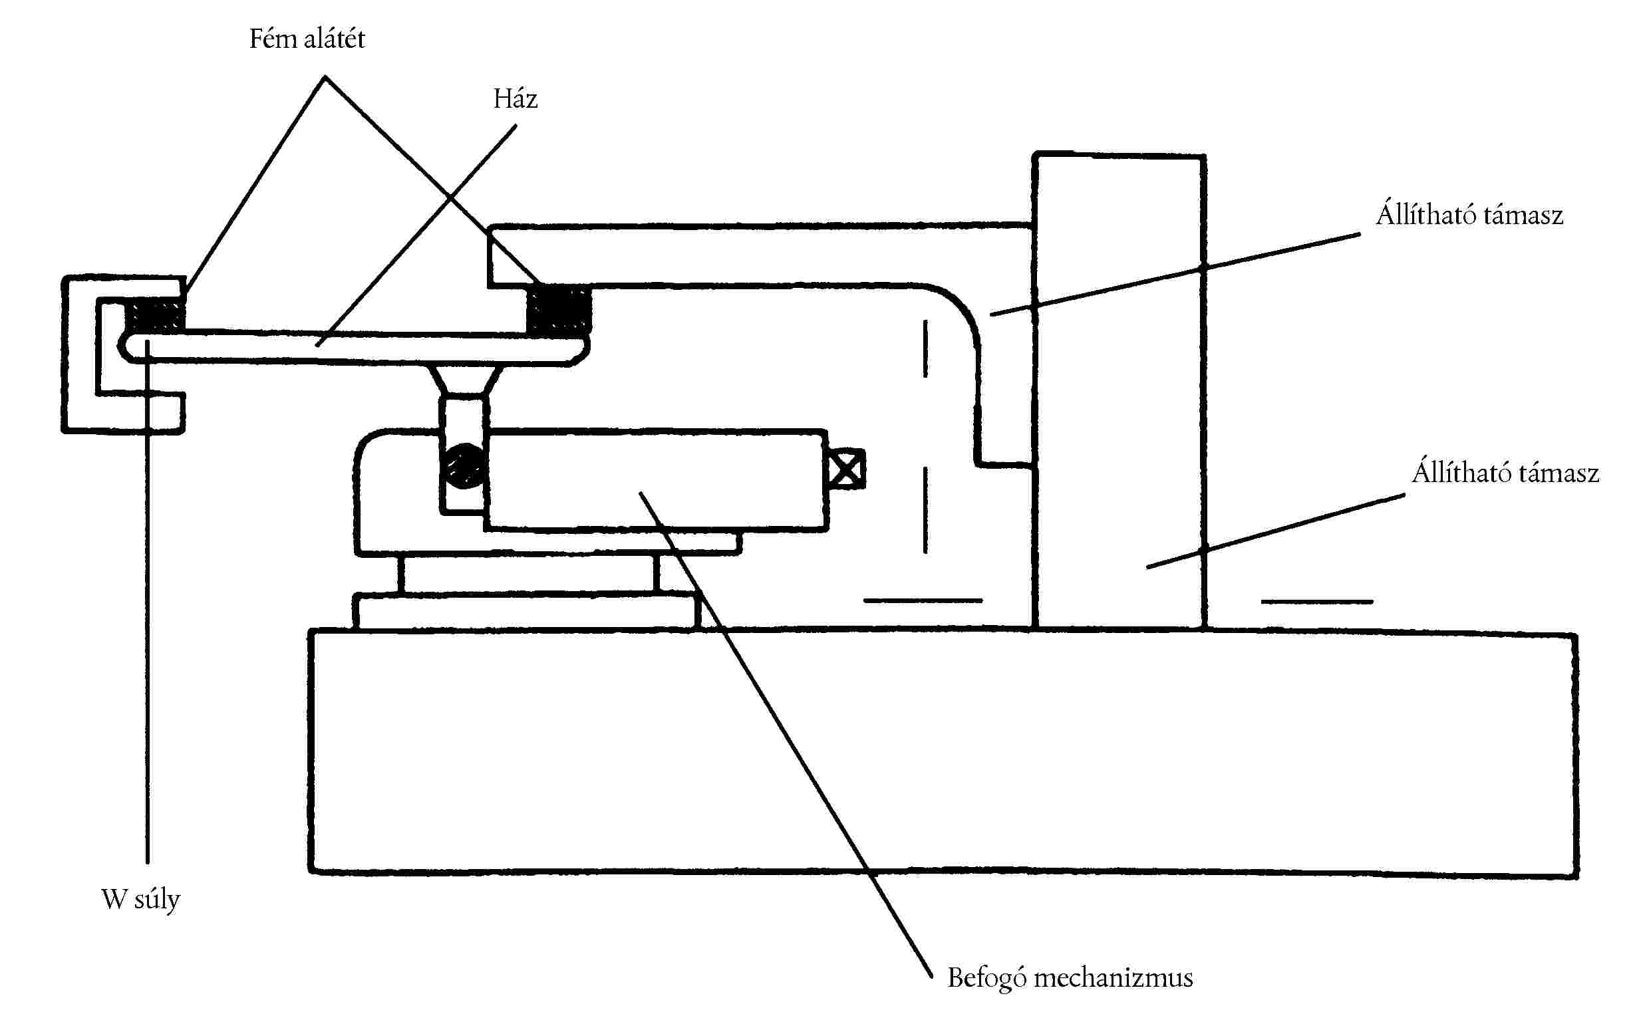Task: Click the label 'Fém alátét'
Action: pyautogui.click(x=307, y=39)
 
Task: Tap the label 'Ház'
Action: pyautogui.click(x=516, y=98)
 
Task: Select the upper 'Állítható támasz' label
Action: pyautogui.click(x=1469, y=215)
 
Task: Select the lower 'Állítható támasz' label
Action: pyautogui.click(x=1505, y=473)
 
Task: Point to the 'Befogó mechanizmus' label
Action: pyautogui.click(x=1070, y=977)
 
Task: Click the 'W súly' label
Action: pyautogui.click(x=140, y=899)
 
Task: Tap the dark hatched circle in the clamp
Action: pyautogui.click(x=464, y=465)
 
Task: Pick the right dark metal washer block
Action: pyautogui.click(x=559, y=309)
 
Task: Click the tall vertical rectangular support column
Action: pyautogui.click(x=1119, y=392)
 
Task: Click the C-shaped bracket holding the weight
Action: pyautogui.click(x=80, y=355)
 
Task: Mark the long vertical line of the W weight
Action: pyautogui.click(x=148, y=642)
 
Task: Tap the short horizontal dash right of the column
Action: pyautogui.click(x=1316, y=601)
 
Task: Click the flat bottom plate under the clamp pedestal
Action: pyautogui.click(x=525, y=612)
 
